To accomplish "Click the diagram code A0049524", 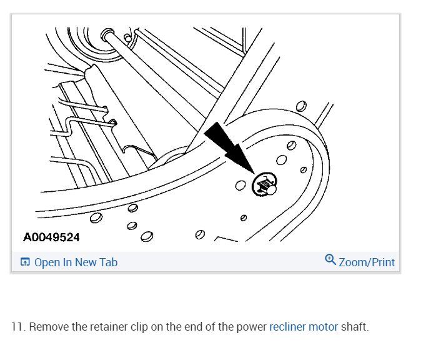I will click(51, 238).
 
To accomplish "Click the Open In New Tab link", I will click(76, 262).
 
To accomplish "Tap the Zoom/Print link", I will click(367, 262).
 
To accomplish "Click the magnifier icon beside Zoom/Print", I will click(330, 260).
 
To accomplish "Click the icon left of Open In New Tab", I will click(25, 262).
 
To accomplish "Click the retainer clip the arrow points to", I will click(265, 185).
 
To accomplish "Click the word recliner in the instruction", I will click(287, 327).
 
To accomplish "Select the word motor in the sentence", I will click(323, 327).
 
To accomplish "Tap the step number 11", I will click(17, 327).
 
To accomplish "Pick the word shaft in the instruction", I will click(354, 327).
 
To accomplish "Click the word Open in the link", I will click(47, 262).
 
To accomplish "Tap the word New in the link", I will click(85, 262).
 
